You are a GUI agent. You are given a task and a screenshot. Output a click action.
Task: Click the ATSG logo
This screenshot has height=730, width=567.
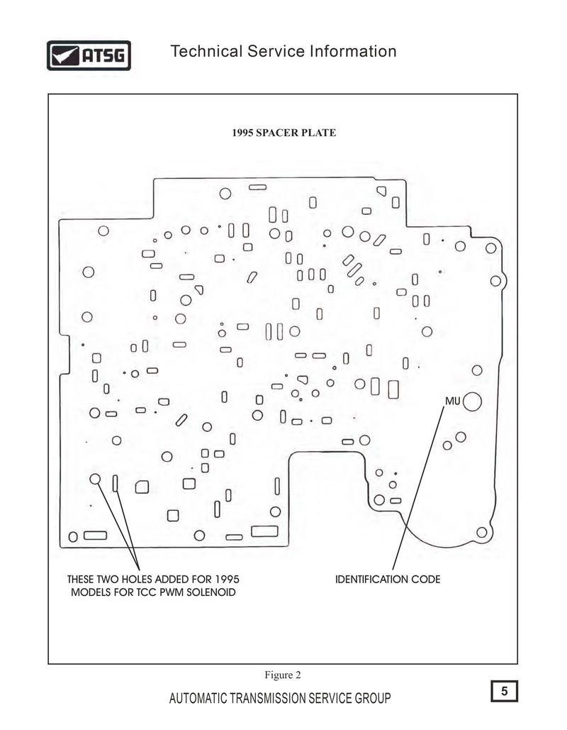(89, 55)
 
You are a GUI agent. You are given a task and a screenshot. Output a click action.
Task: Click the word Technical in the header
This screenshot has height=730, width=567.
(206, 51)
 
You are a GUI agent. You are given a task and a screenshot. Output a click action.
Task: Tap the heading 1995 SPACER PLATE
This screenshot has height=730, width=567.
(283, 133)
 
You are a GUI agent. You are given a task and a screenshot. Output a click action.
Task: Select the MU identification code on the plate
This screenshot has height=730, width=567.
(453, 401)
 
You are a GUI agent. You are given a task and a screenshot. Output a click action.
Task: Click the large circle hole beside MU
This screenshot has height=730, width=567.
(472, 402)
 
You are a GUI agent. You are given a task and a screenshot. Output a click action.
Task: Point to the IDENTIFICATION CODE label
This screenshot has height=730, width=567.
(388, 579)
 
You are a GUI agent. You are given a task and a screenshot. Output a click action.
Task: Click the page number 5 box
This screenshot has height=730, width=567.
(504, 691)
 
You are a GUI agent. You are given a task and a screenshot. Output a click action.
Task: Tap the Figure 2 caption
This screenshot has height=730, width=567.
(283, 675)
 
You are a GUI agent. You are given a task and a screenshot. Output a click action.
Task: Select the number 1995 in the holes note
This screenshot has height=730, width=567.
(227, 579)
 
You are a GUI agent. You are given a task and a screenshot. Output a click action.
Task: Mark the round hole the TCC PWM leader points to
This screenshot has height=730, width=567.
(95, 479)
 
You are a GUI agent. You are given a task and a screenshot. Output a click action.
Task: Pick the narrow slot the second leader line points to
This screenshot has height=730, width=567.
(116, 483)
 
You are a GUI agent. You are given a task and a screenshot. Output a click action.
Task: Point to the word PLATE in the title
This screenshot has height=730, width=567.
(319, 133)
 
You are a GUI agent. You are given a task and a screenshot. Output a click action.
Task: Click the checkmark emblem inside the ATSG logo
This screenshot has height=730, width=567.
(64, 56)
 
